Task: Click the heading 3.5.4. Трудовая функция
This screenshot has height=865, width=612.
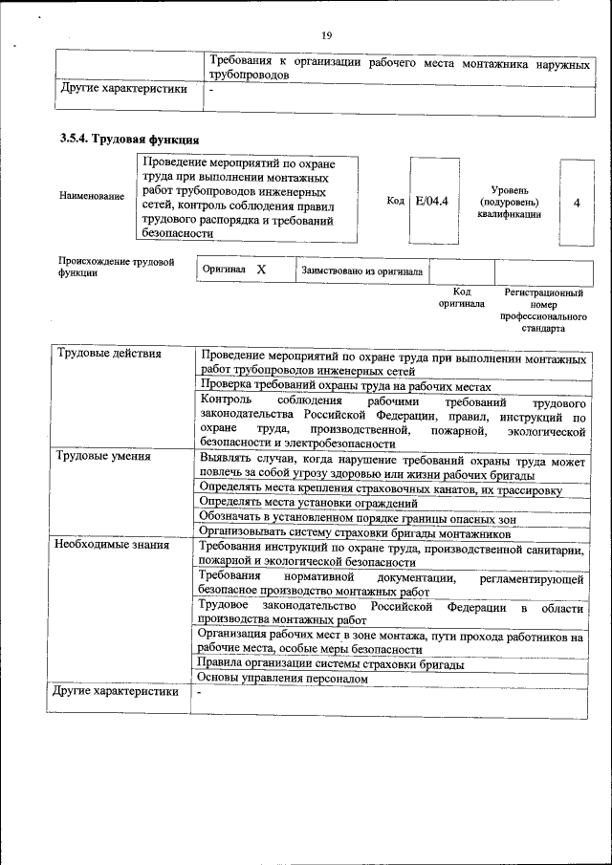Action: pyautogui.click(x=129, y=141)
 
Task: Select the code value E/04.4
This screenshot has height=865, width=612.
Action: pyautogui.click(x=433, y=201)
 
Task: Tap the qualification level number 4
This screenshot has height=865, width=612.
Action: pyautogui.click(x=576, y=202)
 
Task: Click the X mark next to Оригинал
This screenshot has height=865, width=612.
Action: pyautogui.click(x=260, y=270)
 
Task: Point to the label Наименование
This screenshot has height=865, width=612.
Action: pyautogui.click(x=92, y=196)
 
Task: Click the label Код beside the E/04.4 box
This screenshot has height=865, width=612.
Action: pyautogui.click(x=396, y=201)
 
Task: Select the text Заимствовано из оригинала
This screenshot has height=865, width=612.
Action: pyautogui.click(x=362, y=271)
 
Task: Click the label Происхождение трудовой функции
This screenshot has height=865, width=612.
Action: pyautogui.click(x=116, y=267)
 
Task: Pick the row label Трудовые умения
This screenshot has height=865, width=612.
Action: pyautogui.click(x=103, y=456)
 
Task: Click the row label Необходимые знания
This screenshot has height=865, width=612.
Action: pyautogui.click(x=112, y=546)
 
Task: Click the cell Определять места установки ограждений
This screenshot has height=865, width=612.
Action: pyautogui.click(x=309, y=502)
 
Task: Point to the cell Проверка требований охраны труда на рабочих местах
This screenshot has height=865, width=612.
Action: pyautogui.click(x=346, y=386)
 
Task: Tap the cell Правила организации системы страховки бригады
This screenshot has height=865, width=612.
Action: pyautogui.click(x=330, y=663)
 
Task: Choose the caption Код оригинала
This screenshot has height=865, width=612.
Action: pyautogui.click(x=462, y=298)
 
